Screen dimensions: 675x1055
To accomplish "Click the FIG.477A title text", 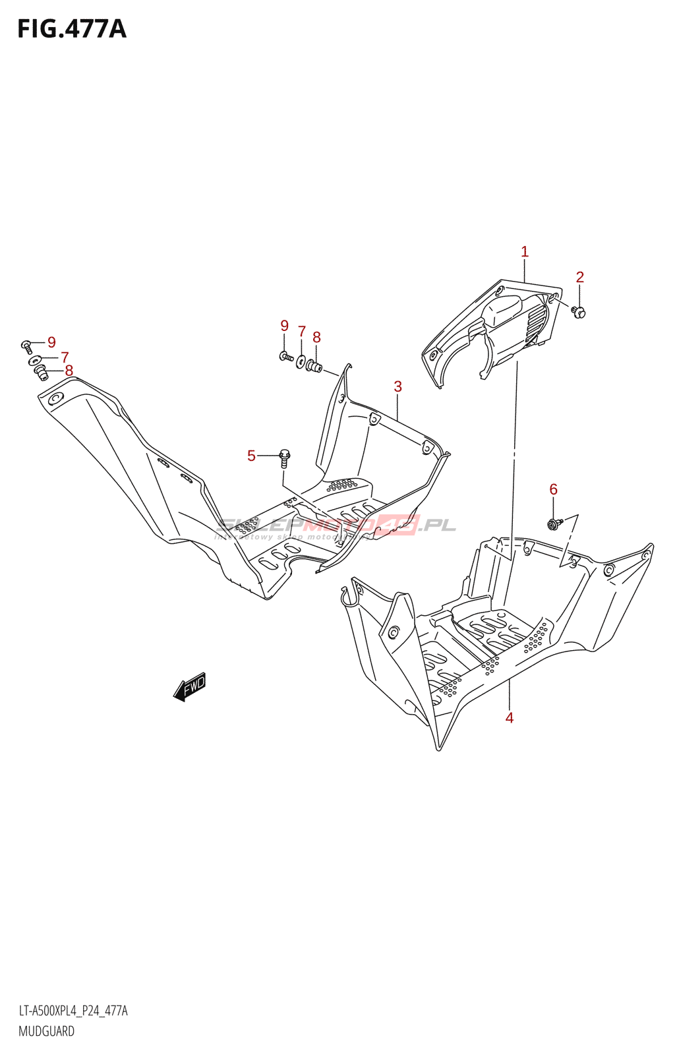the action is (71, 29).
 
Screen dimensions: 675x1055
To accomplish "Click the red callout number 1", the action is (525, 251).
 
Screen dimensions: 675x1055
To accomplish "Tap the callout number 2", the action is (580, 277).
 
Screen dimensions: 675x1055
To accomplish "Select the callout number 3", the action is (398, 386).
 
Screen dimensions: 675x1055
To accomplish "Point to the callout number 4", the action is (510, 717).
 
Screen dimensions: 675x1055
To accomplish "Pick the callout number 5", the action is (251, 456).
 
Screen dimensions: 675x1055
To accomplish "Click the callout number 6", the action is (554, 489).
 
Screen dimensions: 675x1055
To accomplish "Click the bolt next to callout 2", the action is (579, 311).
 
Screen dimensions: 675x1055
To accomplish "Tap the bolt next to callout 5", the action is (285, 458).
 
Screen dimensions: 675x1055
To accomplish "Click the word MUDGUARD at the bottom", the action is (46, 1031).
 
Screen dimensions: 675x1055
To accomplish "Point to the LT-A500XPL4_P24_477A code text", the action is (73, 1011).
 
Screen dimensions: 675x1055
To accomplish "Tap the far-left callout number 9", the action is (51, 342).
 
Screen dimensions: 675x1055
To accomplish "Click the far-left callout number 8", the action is (69, 371).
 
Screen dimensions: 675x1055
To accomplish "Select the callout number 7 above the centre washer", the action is (302, 331).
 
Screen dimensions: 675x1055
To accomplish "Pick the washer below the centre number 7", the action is (301, 361).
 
